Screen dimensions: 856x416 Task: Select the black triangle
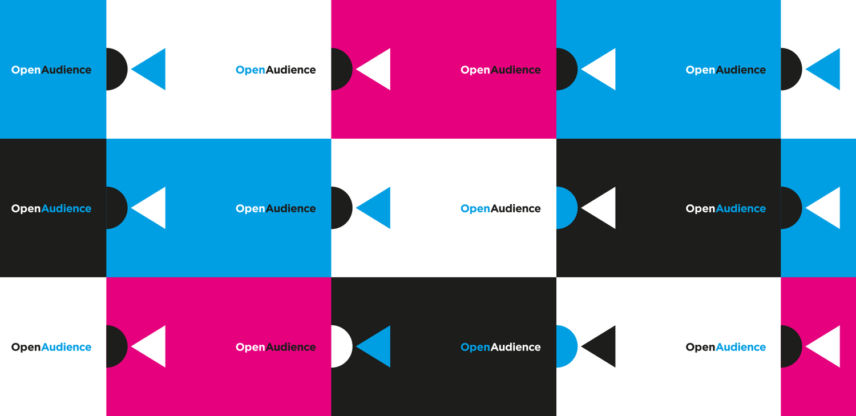point(601,346)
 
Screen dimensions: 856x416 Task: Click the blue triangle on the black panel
point(376,346)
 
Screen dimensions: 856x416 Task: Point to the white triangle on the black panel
point(601,208)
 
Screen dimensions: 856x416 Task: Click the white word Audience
point(515,347)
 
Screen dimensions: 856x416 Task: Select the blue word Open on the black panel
point(475,348)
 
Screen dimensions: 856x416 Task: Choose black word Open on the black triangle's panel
point(700,348)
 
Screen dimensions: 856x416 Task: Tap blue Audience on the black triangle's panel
point(741,347)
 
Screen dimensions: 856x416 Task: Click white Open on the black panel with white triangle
point(700,209)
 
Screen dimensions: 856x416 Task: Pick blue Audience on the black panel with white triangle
point(741,208)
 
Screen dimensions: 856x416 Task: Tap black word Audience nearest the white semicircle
point(290,347)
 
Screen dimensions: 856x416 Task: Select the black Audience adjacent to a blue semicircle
point(515,208)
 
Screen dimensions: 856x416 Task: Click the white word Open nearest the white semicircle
point(250,348)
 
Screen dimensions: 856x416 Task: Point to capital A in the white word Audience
point(495,347)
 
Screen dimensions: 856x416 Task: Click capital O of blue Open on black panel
point(465,347)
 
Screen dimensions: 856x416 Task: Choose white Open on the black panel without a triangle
point(26,209)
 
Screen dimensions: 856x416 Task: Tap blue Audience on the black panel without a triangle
point(66,208)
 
